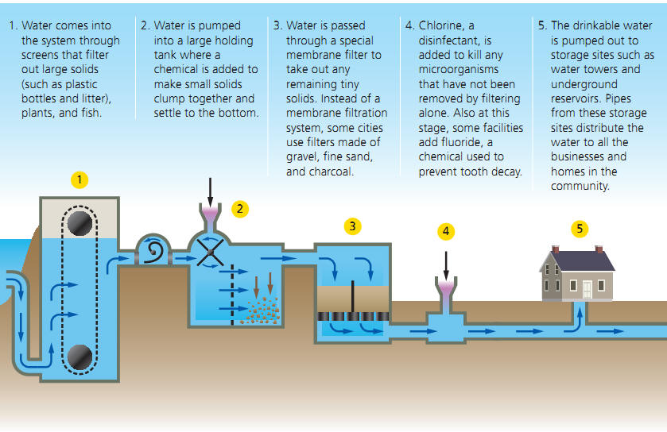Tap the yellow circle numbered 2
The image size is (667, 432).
(x=239, y=209)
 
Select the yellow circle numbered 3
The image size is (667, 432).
(x=352, y=226)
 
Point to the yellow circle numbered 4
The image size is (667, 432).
(x=446, y=231)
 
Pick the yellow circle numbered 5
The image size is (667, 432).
(x=580, y=229)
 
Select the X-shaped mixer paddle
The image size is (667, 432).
(x=210, y=254)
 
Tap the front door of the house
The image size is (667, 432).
(x=588, y=287)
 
